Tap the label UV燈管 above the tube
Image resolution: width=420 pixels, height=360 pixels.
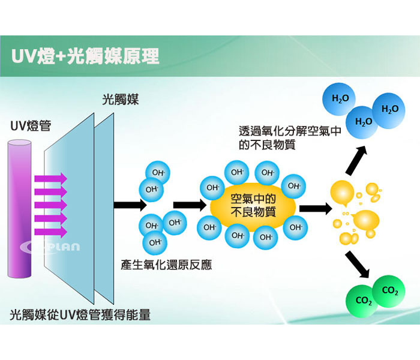coord(31,126)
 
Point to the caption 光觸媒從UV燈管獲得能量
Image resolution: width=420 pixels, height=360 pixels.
coord(80,314)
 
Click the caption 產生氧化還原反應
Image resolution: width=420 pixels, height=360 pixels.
coord(166,265)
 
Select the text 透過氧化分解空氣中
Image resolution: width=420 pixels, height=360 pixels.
coord(290,131)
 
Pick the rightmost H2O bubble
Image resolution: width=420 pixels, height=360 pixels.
coord(389,109)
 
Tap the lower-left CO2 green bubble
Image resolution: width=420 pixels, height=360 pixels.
coord(364,301)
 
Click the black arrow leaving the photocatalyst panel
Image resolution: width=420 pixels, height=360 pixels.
coord(130,205)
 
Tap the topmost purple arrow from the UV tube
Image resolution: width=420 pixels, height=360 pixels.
coord(50,178)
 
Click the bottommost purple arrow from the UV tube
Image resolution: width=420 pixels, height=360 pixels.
coord(50,232)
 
